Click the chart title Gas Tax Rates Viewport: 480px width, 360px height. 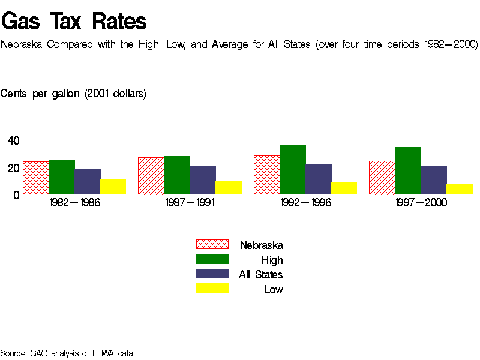pyautogui.click(x=74, y=22)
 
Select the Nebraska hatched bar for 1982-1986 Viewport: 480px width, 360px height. pyautogui.click(x=35, y=178)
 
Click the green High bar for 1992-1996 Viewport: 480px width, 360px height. pyautogui.click(x=293, y=170)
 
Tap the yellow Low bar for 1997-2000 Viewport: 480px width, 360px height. pyautogui.click(x=460, y=189)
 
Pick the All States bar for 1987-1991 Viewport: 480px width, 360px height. pyautogui.click(x=203, y=180)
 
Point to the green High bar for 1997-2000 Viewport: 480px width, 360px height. pyautogui.click(x=408, y=170)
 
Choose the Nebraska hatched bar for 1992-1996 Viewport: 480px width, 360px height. pyautogui.click(x=266, y=175)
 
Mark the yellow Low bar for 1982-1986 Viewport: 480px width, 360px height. pyautogui.click(x=113, y=187)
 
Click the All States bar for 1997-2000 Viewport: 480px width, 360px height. pyautogui.click(x=434, y=180)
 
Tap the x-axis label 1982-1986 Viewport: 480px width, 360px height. pyautogui.click(x=74, y=203)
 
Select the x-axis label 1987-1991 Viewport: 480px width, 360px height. pyautogui.click(x=190, y=203)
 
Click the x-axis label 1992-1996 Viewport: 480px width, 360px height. pyautogui.click(x=305, y=203)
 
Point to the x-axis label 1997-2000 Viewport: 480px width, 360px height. pyautogui.click(x=421, y=203)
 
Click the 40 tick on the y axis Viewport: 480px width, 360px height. pyautogui.click(x=14, y=140)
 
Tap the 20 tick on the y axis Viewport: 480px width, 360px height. pyautogui.click(x=14, y=167)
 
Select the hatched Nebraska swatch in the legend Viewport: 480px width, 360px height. pyautogui.click(x=212, y=244)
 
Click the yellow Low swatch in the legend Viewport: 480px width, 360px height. pyautogui.click(x=212, y=289)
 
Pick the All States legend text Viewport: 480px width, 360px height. pyautogui.click(x=260, y=275)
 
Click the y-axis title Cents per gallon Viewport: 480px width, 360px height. pyautogui.click(x=73, y=94)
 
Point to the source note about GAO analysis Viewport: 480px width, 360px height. pyautogui.click(x=67, y=353)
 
